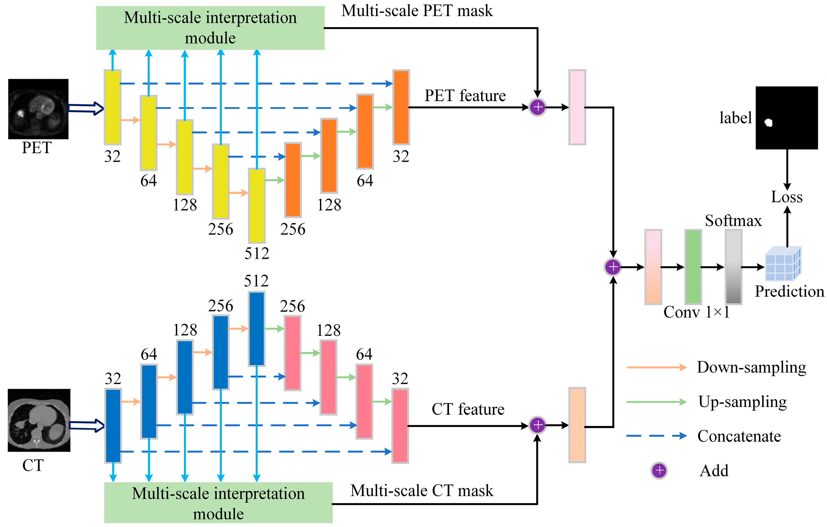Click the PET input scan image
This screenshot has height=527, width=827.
tap(38, 109)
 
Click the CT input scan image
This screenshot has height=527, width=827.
tap(39, 420)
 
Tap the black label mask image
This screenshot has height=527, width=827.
tap(787, 117)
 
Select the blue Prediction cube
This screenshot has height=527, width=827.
tap(783, 264)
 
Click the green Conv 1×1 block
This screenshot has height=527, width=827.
tap(693, 267)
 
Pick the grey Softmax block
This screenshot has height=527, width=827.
tap(733, 267)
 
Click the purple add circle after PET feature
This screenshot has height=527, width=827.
tap(537, 107)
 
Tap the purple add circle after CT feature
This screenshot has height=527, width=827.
tap(537, 425)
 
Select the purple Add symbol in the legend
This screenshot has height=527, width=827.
tap(659, 470)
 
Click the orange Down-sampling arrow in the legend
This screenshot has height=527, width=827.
tap(656, 367)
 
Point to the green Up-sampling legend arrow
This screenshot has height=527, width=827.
tap(656, 402)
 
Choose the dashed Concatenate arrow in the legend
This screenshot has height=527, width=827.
tap(656, 436)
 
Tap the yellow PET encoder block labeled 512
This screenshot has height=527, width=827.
tap(256, 206)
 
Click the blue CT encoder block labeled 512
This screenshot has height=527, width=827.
tap(256, 329)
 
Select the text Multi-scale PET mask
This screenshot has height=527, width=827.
tap(417, 11)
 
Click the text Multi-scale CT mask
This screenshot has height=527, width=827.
tap(422, 491)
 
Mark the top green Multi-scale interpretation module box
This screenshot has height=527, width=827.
tap(210, 28)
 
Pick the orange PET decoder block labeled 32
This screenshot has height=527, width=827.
tap(401, 107)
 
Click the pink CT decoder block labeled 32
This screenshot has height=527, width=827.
tap(400, 426)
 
